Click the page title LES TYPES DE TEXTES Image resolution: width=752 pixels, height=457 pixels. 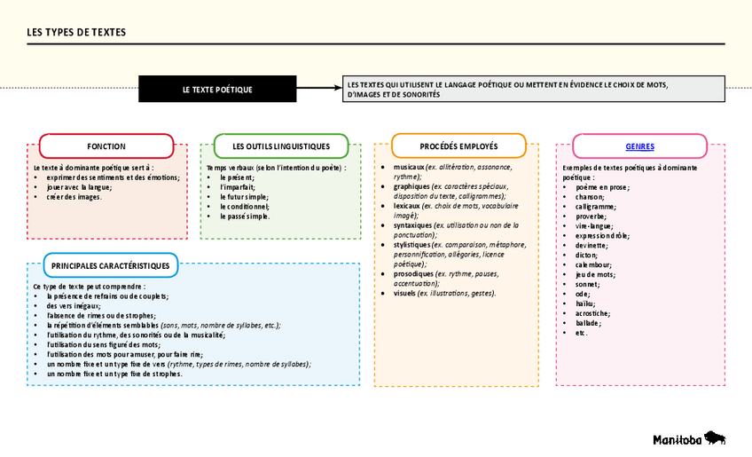tap(76, 33)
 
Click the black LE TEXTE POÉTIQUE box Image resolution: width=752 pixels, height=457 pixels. tap(217, 90)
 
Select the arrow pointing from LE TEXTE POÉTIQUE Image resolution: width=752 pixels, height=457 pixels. tap(318, 89)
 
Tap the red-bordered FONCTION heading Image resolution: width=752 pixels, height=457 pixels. tap(106, 146)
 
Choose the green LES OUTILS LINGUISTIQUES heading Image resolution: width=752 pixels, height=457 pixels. tap(281, 146)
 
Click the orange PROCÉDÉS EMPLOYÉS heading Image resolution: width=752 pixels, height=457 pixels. tap(458, 146)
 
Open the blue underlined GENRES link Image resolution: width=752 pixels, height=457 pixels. tap(639, 146)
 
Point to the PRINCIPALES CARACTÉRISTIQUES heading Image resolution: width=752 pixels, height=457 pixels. tap(111, 265)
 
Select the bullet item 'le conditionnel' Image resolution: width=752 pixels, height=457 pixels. tap(244, 206)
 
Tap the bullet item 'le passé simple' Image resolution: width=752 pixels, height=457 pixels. tap(244, 216)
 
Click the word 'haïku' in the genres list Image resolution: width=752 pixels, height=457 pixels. tap(585, 303)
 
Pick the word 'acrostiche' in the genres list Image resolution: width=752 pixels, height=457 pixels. tap(591, 313)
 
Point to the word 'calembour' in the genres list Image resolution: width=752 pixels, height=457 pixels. tap(593, 264)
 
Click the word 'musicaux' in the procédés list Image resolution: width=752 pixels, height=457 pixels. tap(409, 167)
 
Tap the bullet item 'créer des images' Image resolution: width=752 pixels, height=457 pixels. tap(74, 196)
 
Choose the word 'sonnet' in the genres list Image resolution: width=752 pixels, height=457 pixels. tap(586, 284)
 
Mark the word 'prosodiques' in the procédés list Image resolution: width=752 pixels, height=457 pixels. tap(413, 273)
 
